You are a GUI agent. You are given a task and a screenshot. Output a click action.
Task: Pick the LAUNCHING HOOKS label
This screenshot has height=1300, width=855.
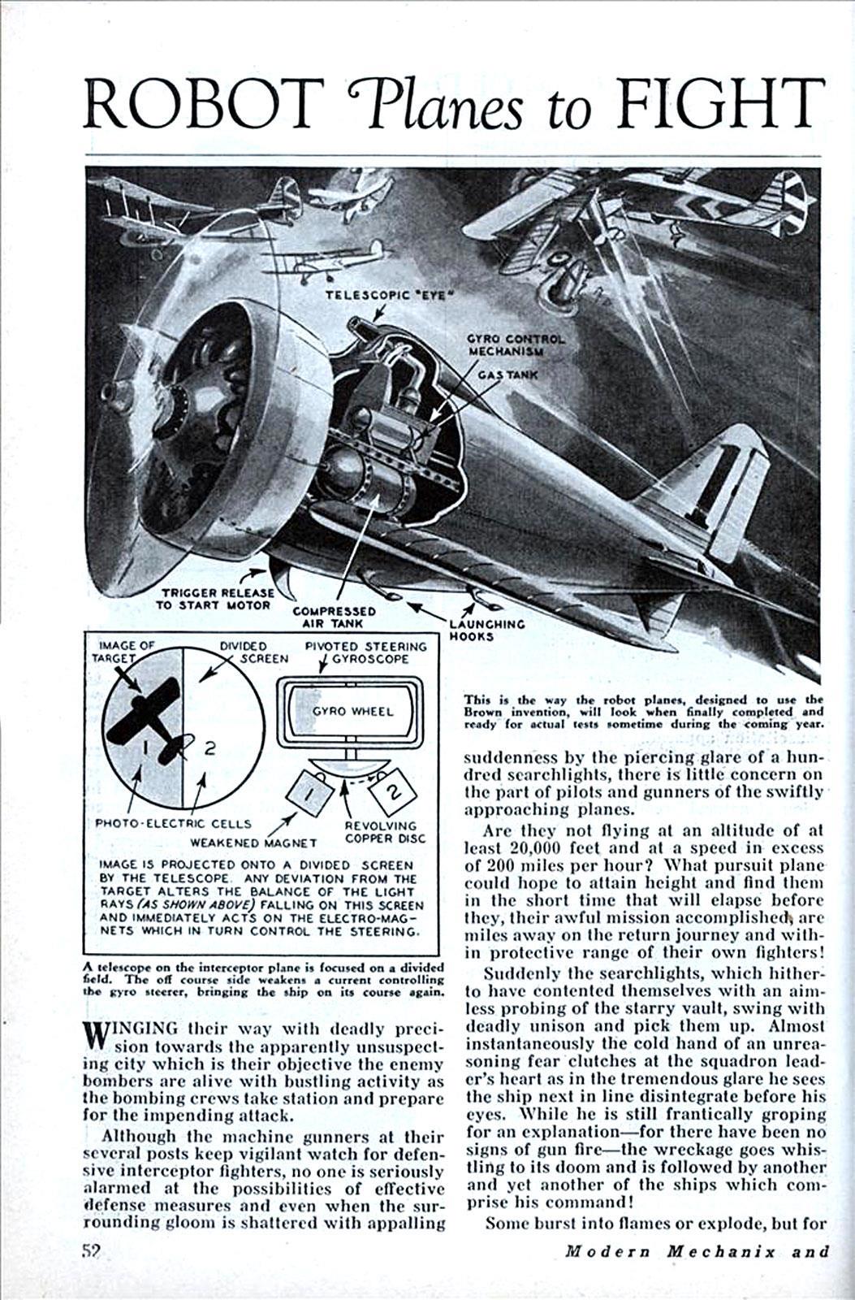[x=486, y=630]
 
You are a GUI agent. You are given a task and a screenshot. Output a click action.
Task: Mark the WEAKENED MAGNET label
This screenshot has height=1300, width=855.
[x=253, y=843]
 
